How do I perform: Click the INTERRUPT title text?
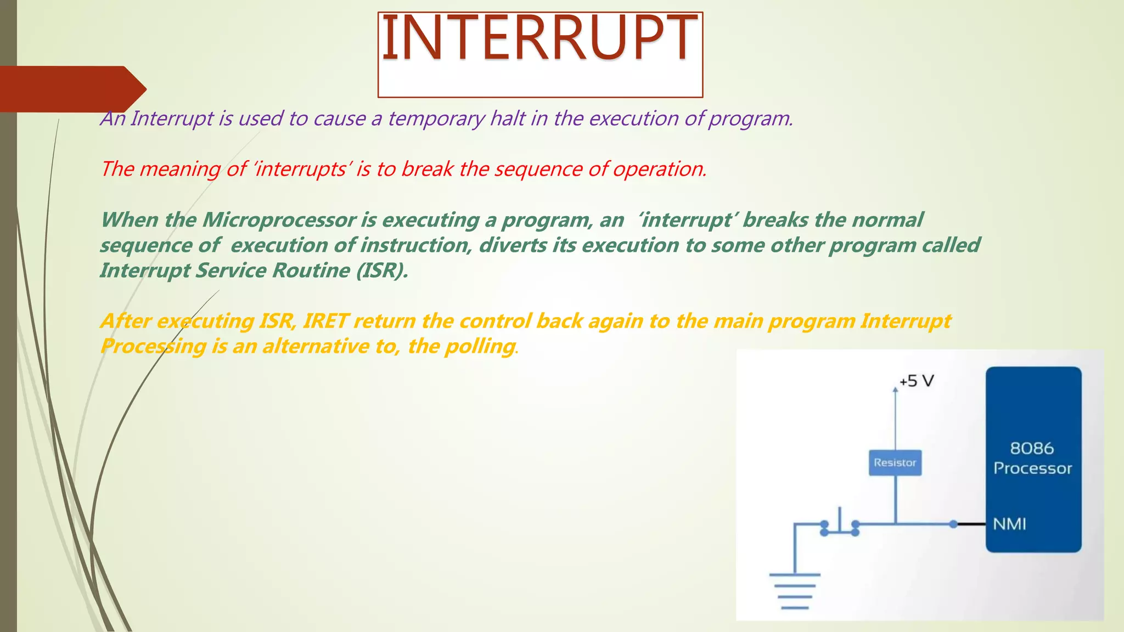click(539, 38)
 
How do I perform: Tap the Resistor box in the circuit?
click(895, 462)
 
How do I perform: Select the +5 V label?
click(917, 381)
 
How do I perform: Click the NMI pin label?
click(1009, 524)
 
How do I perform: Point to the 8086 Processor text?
click(1032, 458)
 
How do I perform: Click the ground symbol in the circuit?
click(795, 590)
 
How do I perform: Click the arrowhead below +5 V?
click(895, 390)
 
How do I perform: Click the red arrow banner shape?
click(71, 89)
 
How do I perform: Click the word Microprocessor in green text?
click(279, 220)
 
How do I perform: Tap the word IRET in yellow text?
click(325, 321)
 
